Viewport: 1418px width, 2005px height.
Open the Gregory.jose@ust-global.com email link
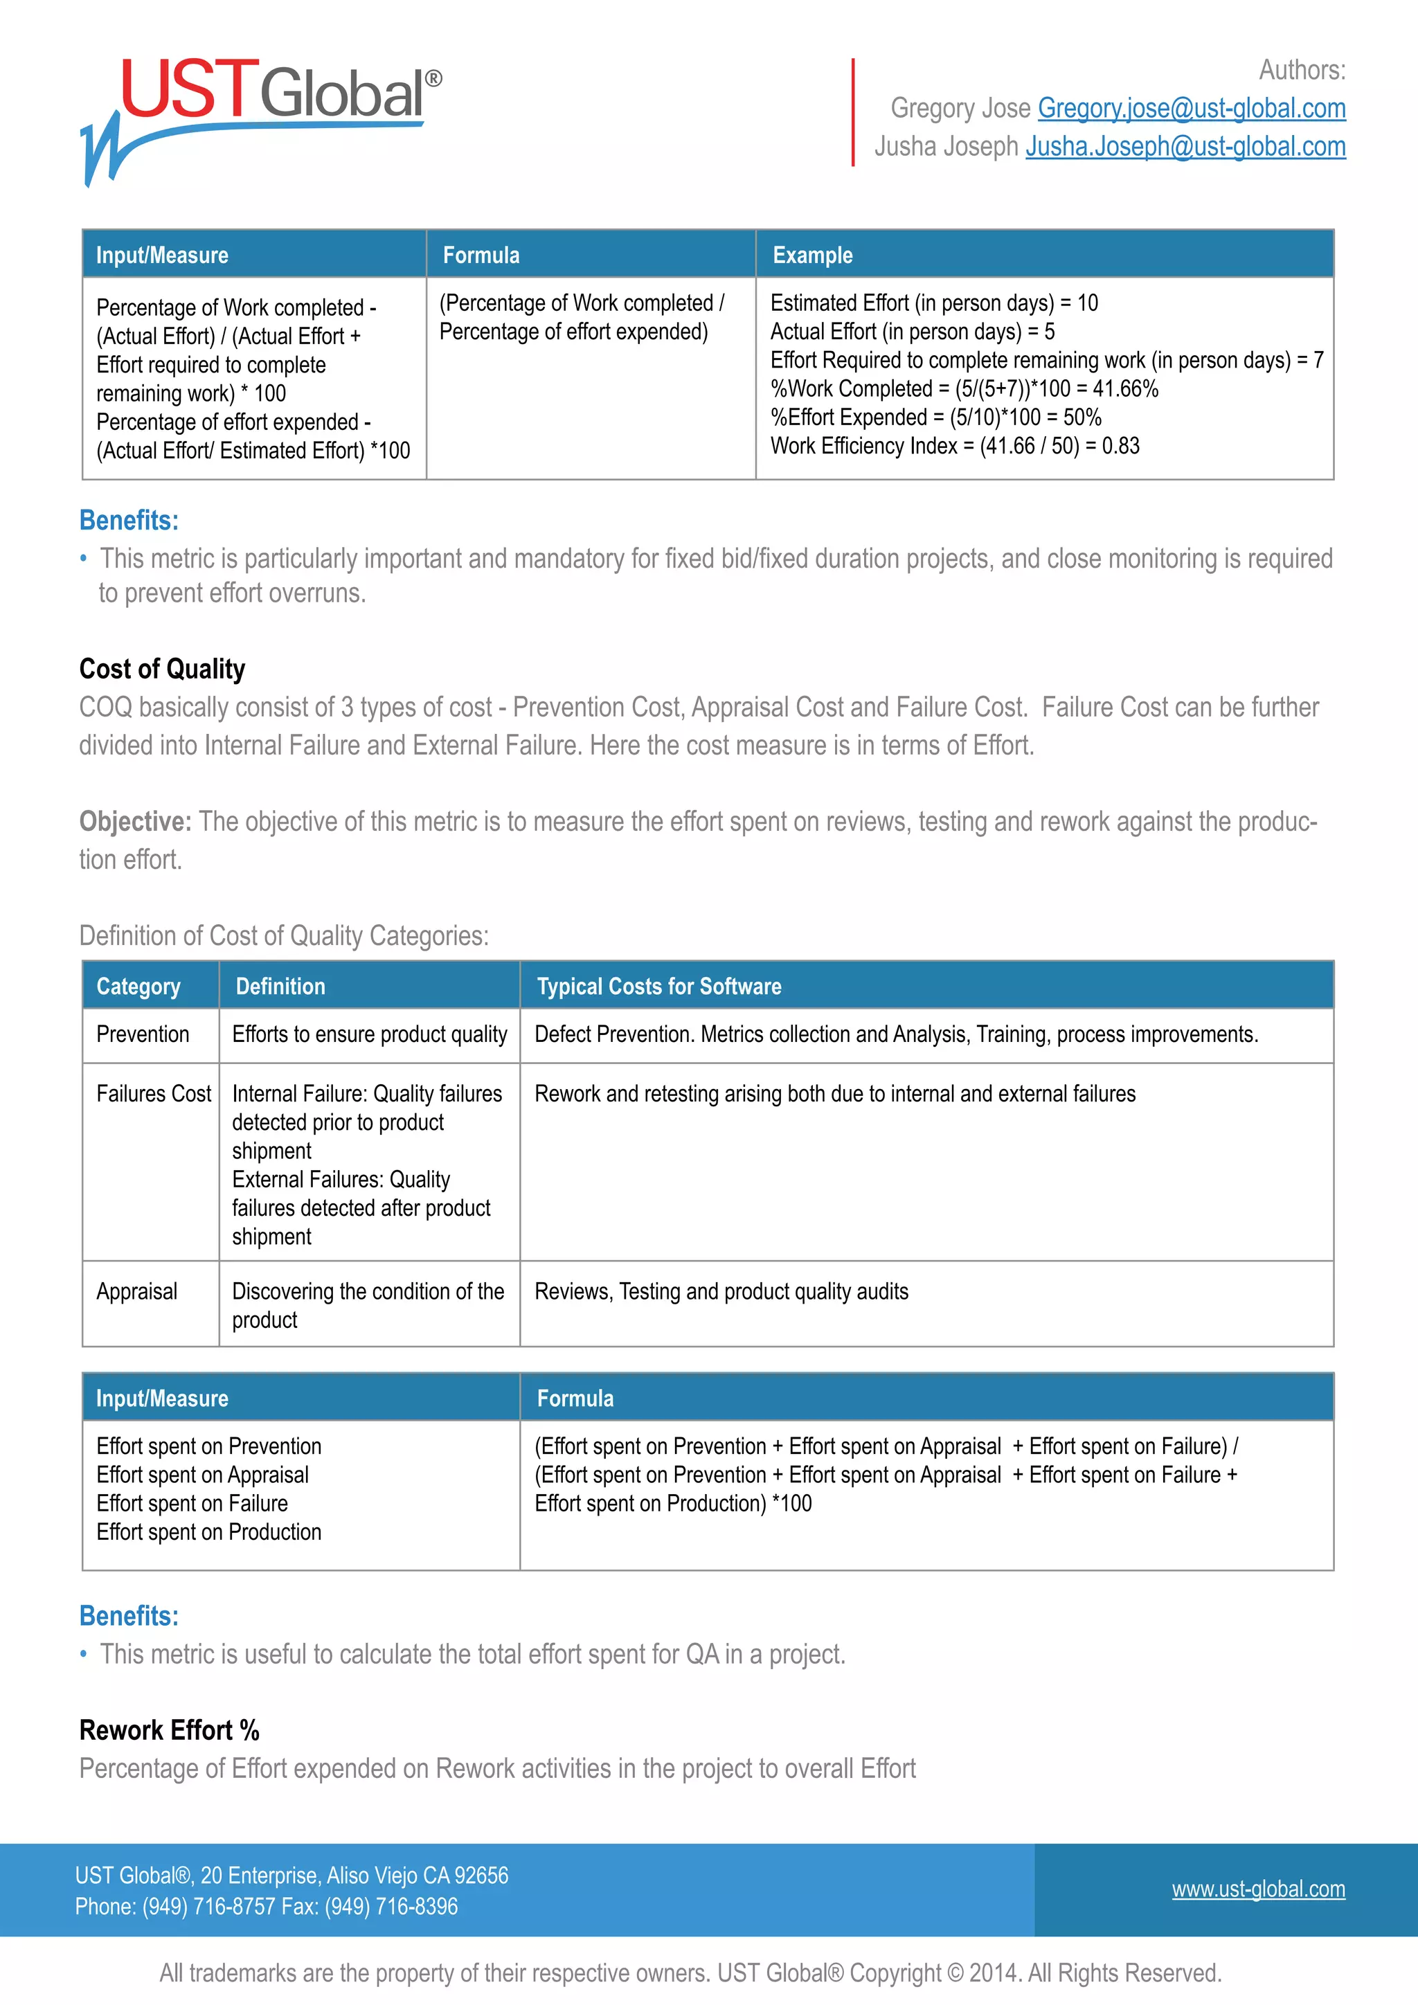[x=1191, y=108]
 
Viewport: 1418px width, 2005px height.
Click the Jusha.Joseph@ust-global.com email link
[x=1185, y=147]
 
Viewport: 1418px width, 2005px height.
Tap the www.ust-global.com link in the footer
[x=1257, y=1889]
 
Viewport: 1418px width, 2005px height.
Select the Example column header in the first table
[x=812, y=255]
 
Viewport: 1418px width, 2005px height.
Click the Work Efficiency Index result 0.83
[x=1120, y=447]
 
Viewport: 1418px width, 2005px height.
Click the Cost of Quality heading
[x=163, y=669]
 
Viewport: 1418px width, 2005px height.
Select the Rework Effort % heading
[x=170, y=1730]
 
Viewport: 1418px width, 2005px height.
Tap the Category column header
[x=138, y=987]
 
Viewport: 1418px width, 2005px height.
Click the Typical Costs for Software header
[x=658, y=987]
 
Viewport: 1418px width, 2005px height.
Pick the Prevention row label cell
[x=143, y=1035]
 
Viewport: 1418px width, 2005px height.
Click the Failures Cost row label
[x=154, y=1094]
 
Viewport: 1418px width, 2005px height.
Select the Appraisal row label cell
[x=137, y=1291]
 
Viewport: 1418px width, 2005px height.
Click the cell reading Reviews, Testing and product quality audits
[x=721, y=1291]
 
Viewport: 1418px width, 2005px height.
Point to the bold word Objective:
[x=134, y=822]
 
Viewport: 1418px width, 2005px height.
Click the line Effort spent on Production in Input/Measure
[x=208, y=1531]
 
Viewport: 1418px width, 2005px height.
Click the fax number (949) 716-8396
[x=391, y=1906]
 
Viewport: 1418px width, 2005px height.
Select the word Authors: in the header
[x=1302, y=70]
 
